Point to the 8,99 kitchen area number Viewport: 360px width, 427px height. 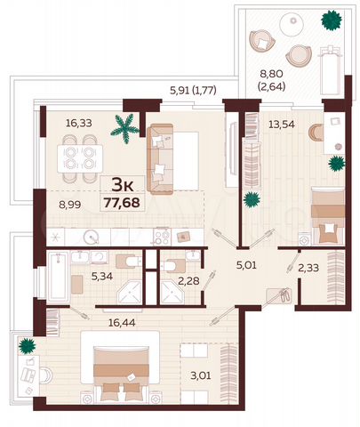pyautogui.click(x=71, y=204)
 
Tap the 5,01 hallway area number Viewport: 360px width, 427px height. pyautogui.click(x=244, y=263)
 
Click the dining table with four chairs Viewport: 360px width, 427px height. pyautogui.click(x=76, y=161)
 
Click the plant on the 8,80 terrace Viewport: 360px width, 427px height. pyautogui.click(x=332, y=18)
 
